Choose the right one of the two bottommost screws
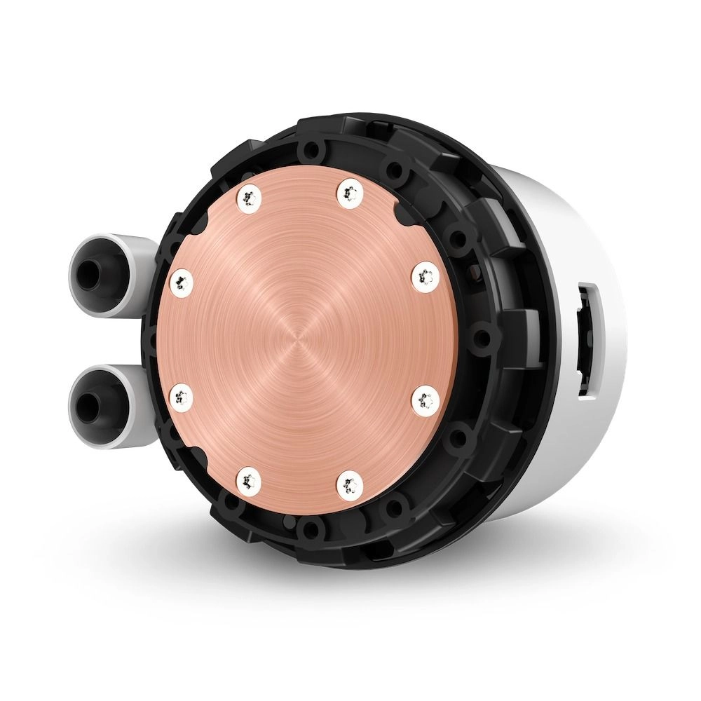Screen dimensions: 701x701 [x=350, y=483]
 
